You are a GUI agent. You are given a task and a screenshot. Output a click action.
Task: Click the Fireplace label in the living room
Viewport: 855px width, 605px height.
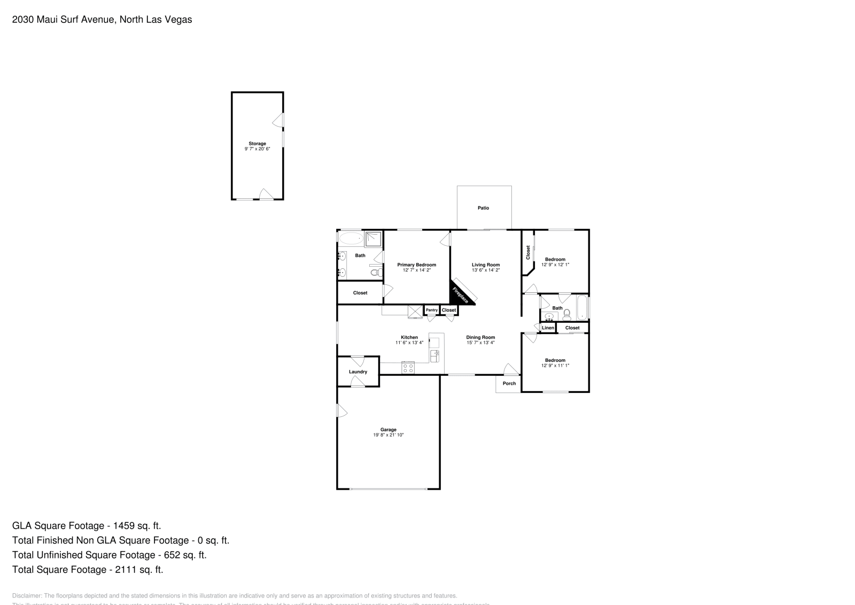click(x=461, y=295)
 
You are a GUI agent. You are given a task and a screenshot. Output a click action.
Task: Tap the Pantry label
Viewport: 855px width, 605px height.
click(x=432, y=310)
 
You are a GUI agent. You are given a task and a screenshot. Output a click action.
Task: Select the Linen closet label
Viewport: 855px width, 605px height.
click(x=548, y=328)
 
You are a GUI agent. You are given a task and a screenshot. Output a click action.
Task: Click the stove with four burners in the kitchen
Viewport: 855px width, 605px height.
click(x=408, y=368)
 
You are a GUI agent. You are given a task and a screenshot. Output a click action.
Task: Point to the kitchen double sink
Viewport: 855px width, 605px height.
click(x=434, y=356)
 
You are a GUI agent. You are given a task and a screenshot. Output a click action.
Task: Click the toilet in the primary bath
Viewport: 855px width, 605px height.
click(x=376, y=273)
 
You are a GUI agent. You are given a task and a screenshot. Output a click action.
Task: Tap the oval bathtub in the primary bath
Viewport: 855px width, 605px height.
click(x=351, y=239)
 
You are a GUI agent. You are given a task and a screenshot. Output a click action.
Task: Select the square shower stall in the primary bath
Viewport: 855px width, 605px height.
click(x=374, y=239)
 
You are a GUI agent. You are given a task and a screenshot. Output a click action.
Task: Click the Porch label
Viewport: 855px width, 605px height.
click(x=509, y=383)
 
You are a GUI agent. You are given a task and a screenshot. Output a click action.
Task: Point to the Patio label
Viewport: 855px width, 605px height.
click(x=483, y=208)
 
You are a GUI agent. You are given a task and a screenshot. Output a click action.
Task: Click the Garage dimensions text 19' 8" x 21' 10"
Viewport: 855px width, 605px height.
click(x=388, y=435)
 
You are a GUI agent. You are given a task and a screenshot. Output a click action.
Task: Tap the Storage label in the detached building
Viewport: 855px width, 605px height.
click(x=257, y=143)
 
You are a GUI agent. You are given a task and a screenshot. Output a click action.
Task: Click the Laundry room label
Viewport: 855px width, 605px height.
click(x=358, y=371)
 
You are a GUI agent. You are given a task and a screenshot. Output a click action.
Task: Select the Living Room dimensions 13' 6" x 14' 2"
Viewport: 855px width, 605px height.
click(x=486, y=270)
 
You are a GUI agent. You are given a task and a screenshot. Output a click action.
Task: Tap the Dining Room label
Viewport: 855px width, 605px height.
click(x=480, y=337)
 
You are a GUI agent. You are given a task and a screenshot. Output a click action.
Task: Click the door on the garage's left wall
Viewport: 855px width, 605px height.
click(x=341, y=411)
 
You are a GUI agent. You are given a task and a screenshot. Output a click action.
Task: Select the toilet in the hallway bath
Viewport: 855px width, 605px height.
click(x=567, y=314)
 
